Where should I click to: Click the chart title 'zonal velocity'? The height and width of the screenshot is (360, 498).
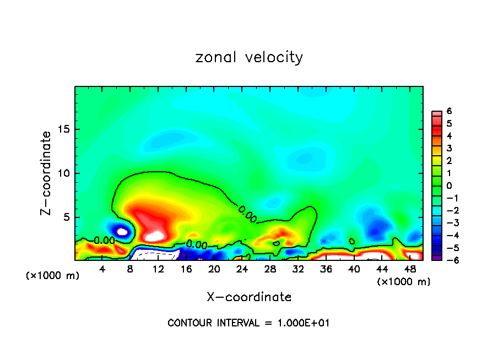pos(249,57)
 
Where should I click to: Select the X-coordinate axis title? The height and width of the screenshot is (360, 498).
pos(249,297)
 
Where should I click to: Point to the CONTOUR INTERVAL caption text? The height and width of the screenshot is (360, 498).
pos(248,323)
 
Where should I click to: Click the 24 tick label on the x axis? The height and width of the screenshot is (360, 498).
pos(242,269)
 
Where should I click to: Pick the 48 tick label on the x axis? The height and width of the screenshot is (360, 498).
pos(409,269)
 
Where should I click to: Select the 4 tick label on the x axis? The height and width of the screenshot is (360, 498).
pos(102,269)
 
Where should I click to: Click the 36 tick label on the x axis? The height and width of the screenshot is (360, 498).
pos(326,269)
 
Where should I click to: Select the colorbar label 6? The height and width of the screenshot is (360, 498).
pos(449,111)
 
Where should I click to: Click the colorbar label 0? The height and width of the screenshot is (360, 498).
pos(449,186)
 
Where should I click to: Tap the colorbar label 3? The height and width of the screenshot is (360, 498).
pos(449,149)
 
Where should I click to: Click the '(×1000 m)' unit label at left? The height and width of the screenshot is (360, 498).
pos(53,276)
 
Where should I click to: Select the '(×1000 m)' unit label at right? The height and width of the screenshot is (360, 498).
pos(404,282)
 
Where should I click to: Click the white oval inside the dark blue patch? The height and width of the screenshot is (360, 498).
pos(122,232)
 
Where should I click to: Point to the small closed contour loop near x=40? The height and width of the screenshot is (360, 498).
pos(352,241)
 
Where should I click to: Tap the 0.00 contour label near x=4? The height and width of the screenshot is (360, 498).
pos(104,241)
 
